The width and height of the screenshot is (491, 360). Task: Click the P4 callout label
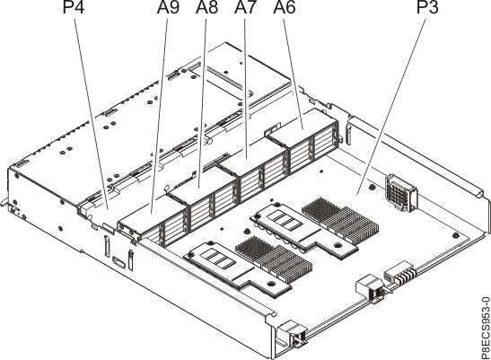(x=71, y=10)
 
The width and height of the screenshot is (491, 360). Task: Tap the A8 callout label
(x=206, y=10)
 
